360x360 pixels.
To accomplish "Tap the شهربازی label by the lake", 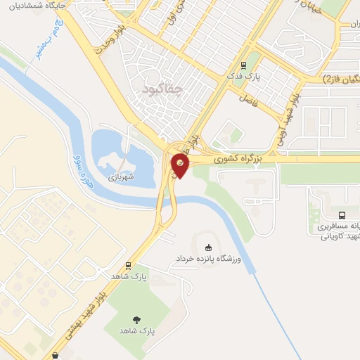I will (120, 178).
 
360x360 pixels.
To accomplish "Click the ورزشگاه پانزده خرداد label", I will (208, 259).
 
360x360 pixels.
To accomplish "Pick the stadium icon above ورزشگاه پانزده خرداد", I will (208, 247).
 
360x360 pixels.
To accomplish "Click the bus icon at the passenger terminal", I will (341, 215).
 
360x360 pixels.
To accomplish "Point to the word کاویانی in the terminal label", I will (335, 236).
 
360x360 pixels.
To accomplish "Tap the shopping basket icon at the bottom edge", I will (56, 356).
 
